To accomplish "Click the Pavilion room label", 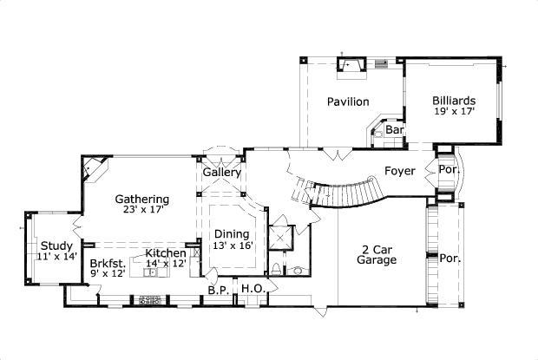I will tap(347, 101).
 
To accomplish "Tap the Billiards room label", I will tap(454, 101).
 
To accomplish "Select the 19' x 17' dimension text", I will tap(454, 112).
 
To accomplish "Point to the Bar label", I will tap(395, 130).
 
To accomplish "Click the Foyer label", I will tap(399, 171).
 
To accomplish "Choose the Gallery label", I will tap(222, 173).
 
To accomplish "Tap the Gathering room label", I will tap(141, 199).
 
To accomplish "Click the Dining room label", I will tap(232, 233).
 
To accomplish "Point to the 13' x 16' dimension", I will tap(232, 245).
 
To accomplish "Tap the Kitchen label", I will tap(165, 252).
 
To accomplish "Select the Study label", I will tap(56, 245).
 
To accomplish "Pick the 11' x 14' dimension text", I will tap(57, 257).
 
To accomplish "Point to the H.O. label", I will tap(252, 289).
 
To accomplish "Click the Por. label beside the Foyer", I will tap(447, 170).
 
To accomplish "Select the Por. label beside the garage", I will tap(449, 258).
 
